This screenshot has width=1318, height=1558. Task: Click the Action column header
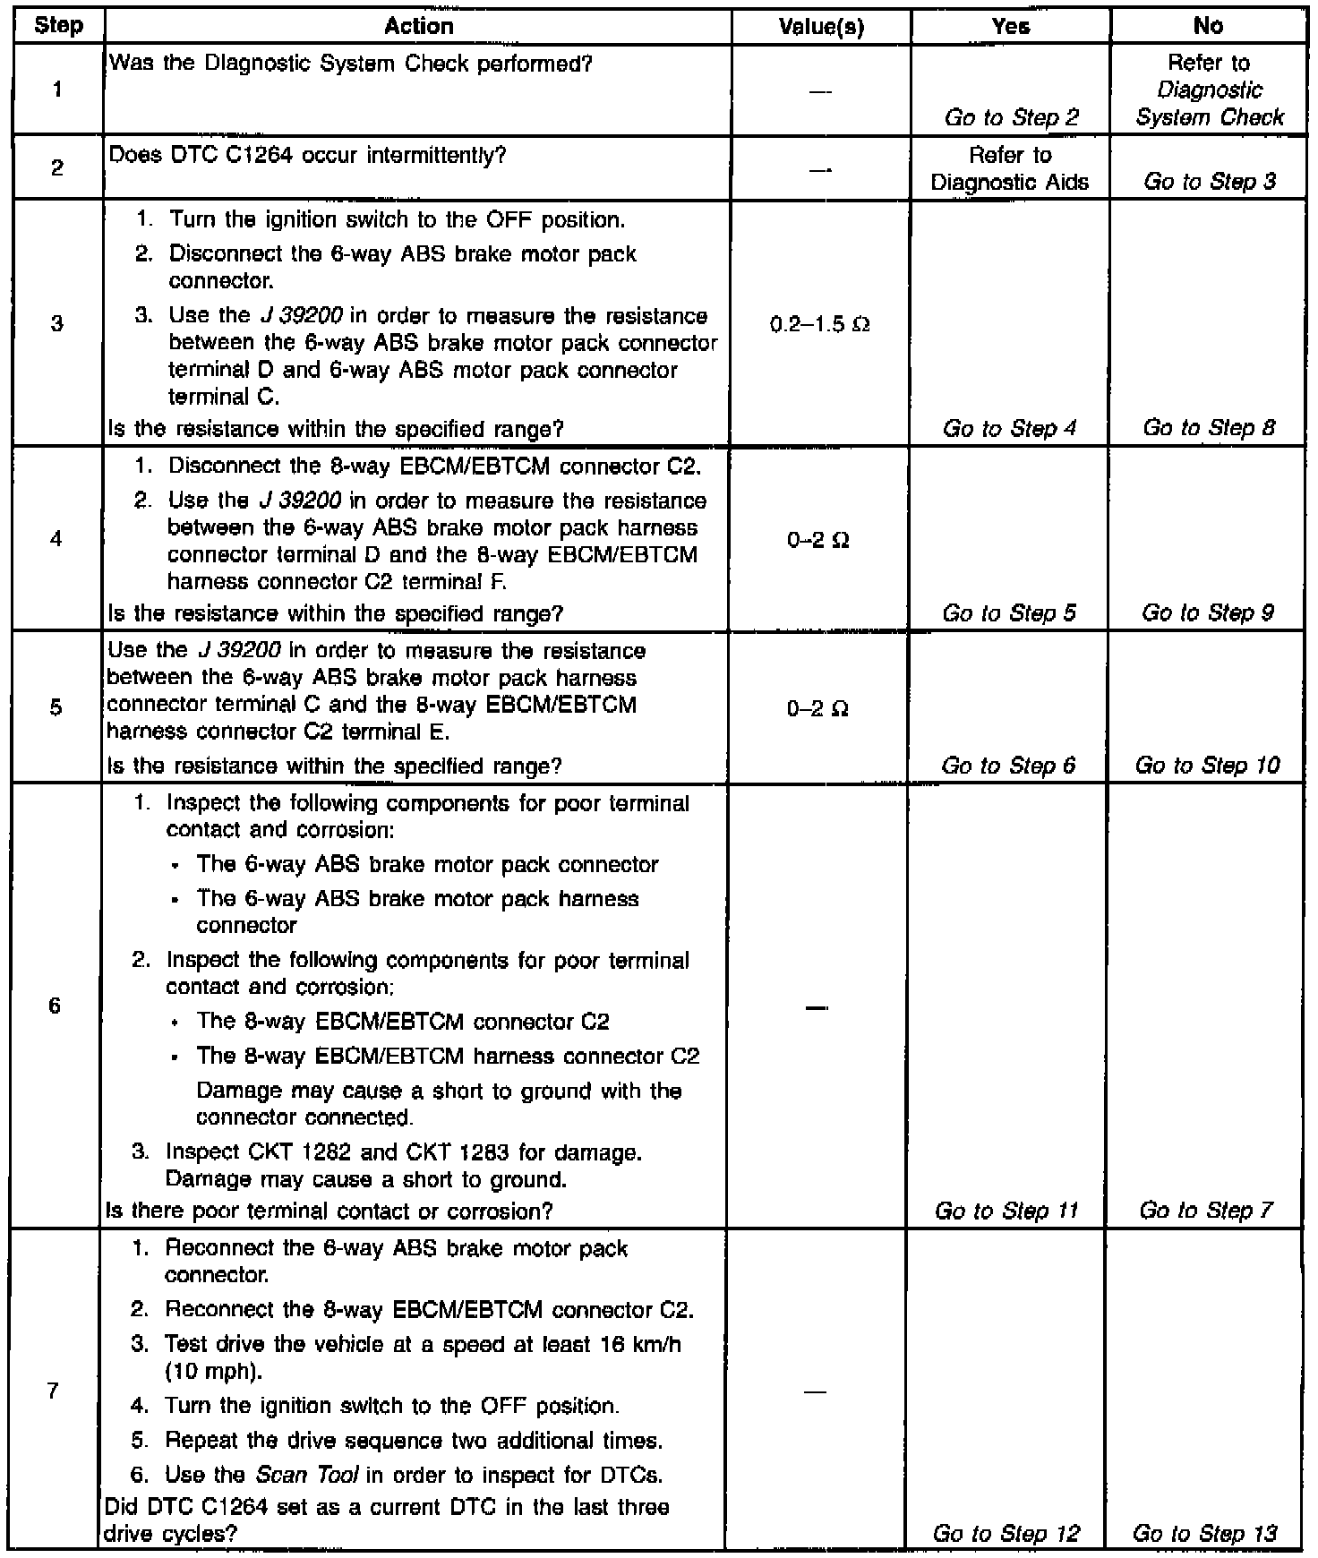click(x=418, y=27)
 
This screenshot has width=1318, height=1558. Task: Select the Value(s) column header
click(x=821, y=27)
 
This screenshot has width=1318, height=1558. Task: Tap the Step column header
click(x=58, y=26)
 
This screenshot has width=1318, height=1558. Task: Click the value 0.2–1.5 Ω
click(x=819, y=324)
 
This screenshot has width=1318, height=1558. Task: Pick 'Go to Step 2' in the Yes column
click(x=1011, y=117)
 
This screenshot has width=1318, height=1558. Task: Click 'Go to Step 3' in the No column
click(x=1209, y=182)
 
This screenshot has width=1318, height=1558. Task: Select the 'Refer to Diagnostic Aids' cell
click(x=1010, y=168)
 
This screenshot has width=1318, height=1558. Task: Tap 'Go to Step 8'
click(x=1208, y=428)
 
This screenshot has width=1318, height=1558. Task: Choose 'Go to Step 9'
click(x=1207, y=613)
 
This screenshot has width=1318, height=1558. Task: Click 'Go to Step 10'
click(x=1207, y=766)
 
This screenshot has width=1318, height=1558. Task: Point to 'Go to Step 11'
click(x=1006, y=1211)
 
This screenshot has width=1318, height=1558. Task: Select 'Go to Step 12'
click(x=1006, y=1534)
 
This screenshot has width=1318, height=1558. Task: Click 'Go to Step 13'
click(x=1205, y=1534)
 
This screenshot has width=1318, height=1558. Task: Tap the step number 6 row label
click(x=55, y=1006)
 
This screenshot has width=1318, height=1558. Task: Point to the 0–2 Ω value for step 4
click(x=817, y=541)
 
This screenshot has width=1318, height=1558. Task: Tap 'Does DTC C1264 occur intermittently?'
click(x=307, y=156)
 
